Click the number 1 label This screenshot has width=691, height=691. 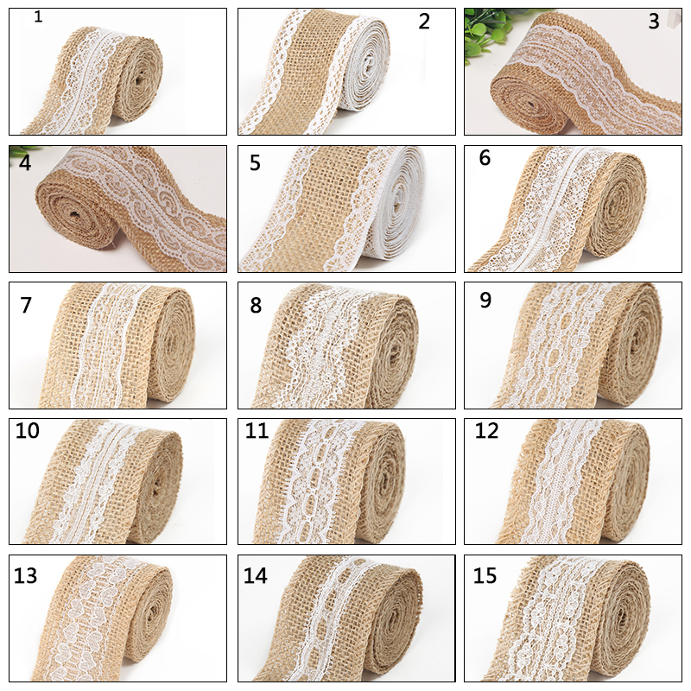pyautogui.click(x=38, y=16)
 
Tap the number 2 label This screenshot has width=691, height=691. pyautogui.click(x=424, y=22)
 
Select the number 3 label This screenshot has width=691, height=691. pyautogui.click(x=654, y=22)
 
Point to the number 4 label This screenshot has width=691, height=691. pyautogui.click(x=25, y=162)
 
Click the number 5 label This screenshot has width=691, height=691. pyautogui.click(x=255, y=162)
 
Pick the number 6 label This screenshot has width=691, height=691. pyautogui.click(x=485, y=158)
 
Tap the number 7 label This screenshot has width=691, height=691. pyautogui.click(x=26, y=305)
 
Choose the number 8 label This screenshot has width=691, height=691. pyautogui.click(x=256, y=305)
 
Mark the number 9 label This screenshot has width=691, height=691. pyautogui.click(x=485, y=300)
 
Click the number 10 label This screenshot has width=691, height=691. pyautogui.click(x=28, y=430)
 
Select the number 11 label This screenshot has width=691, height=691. pyautogui.click(x=257, y=430)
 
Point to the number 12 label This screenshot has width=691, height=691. pyautogui.click(x=486, y=430)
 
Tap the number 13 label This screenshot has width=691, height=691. pyautogui.click(x=26, y=575)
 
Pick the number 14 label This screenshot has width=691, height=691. pyautogui.click(x=256, y=575)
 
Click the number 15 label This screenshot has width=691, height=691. pyautogui.click(x=485, y=575)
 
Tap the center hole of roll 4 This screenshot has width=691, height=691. pyautogui.click(x=74, y=214)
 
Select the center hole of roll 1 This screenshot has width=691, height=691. pyautogui.click(x=140, y=80)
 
